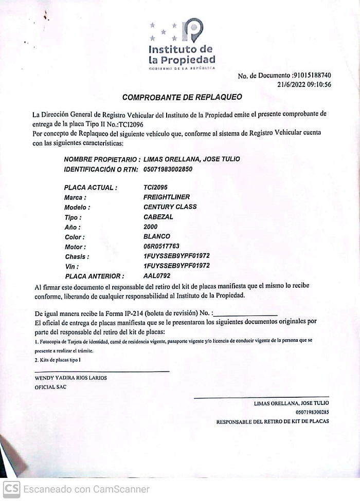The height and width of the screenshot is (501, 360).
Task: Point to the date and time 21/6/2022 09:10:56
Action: pyautogui.click(x=304, y=85)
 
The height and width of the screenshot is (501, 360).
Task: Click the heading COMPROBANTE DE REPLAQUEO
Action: pyautogui.click(x=182, y=97)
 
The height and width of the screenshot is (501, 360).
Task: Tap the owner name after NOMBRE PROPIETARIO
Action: pyautogui.click(x=192, y=159)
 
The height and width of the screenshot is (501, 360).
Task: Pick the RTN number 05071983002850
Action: pyautogui.click(x=168, y=169)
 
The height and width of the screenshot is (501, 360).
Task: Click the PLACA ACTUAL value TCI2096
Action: pyautogui.click(x=155, y=188)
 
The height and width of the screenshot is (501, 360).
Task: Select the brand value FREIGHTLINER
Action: pyautogui.click(x=167, y=197)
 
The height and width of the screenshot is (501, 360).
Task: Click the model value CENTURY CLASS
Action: pyautogui.click(x=170, y=207)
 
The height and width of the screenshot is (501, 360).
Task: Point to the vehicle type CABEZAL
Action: pyautogui.click(x=158, y=217)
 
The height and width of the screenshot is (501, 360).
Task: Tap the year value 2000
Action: pyautogui.click(x=151, y=227)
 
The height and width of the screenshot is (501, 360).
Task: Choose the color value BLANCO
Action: pyautogui.click(x=157, y=236)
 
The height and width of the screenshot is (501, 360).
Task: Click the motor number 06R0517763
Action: pyautogui.click(x=161, y=246)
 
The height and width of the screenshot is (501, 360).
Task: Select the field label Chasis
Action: pyautogui.click(x=77, y=256)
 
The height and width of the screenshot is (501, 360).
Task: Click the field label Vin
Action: pyautogui.click(x=72, y=267)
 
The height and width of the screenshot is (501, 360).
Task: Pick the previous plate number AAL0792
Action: pyautogui.click(x=157, y=276)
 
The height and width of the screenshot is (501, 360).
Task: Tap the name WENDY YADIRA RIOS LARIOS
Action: pyautogui.click(x=70, y=378)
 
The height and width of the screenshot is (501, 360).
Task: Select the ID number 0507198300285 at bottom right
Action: pyautogui.click(x=312, y=412)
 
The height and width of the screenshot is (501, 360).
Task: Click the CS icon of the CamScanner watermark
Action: pyautogui.click(x=11, y=489)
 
